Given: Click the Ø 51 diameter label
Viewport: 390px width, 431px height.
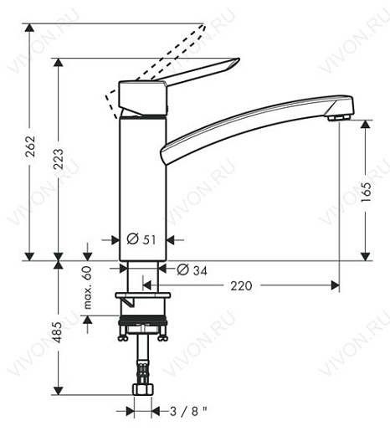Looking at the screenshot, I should pyautogui.click(x=141, y=240).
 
